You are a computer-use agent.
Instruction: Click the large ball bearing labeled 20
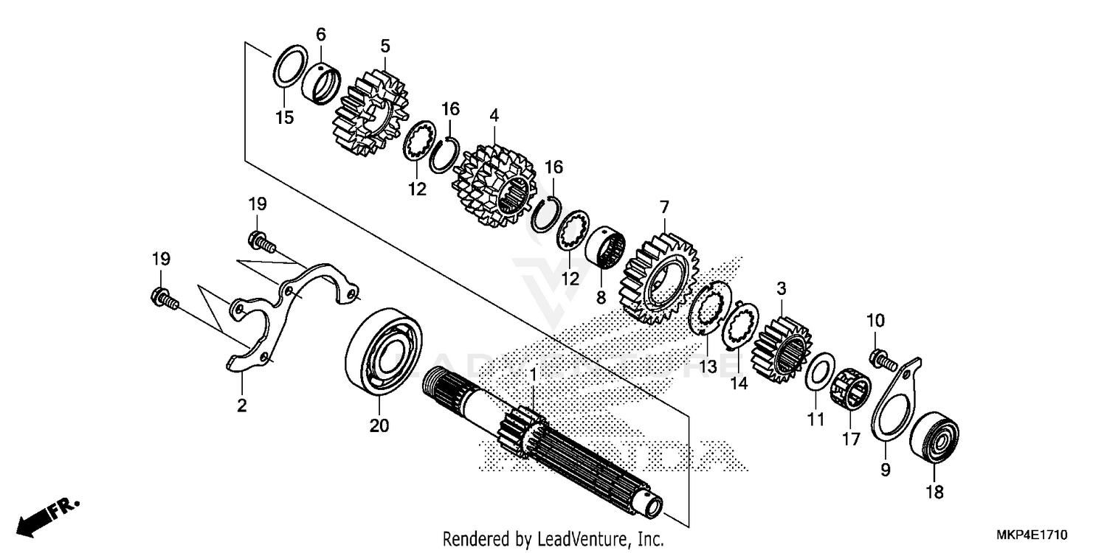click(384, 352)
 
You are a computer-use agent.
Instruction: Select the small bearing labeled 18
click(934, 439)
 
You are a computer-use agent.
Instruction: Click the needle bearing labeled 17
click(851, 392)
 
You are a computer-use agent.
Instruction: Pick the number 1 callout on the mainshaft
click(533, 375)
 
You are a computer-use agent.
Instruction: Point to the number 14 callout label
click(739, 383)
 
